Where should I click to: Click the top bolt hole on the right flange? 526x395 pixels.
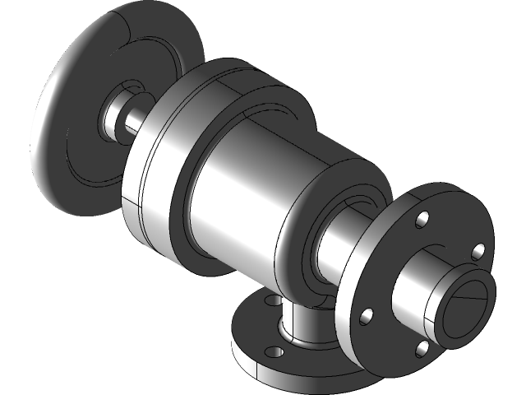pyautogui.click(x=422, y=220)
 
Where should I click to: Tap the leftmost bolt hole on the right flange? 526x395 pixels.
pyautogui.click(x=367, y=315)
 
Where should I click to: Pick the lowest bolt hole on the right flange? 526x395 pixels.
pyautogui.click(x=422, y=350)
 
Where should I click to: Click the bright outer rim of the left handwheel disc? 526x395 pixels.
pyautogui.click(x=49, y=123)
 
